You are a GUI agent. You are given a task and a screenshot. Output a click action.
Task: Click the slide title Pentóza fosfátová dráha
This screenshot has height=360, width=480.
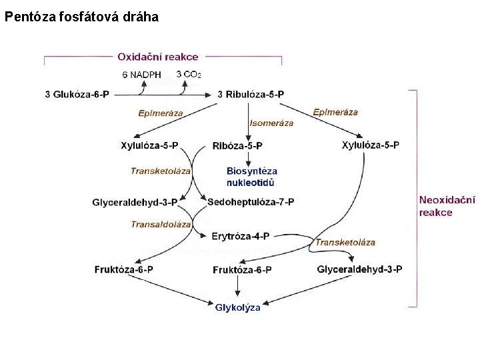(x=81, y=17)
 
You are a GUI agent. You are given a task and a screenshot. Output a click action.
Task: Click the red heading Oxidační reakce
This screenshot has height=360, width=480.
(x=158, y=57)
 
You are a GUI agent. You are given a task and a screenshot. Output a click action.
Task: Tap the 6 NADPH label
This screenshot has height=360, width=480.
(x=141, y=75)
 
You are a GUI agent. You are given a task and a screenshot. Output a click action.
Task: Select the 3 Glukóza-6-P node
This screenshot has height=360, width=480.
(x=77, y=95)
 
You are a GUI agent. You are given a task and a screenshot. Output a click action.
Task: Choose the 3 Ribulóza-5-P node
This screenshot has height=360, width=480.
(x=251, y=95)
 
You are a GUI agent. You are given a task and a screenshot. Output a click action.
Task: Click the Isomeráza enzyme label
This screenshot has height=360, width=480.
(x=271, y=123)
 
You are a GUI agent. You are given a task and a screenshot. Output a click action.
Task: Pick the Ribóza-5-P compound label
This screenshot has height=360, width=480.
(x=237, y=146)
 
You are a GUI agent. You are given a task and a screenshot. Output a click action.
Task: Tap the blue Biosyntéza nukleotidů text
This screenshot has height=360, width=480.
(x=251, y=177)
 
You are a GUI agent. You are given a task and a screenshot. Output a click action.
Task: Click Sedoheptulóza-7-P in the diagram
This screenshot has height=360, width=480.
(x=251, y=201)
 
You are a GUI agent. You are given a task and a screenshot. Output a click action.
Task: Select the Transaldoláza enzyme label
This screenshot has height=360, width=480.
(x=161, y=225)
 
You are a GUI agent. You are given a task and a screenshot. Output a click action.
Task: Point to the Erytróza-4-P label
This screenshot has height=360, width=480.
(x=240, y=236)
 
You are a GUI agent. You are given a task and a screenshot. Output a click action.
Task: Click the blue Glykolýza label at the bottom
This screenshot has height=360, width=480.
(x=238, y=307)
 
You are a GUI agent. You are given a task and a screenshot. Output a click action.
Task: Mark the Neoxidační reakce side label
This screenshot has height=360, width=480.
(x=447, y=206)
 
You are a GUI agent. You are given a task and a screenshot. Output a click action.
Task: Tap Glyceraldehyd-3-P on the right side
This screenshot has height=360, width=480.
(x=359, y=269)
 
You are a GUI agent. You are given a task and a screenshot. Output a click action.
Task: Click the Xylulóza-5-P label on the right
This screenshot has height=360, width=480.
(x=371, y=145)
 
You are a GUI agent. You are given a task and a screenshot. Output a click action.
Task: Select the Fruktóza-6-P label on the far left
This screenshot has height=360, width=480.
(x=124, y=269)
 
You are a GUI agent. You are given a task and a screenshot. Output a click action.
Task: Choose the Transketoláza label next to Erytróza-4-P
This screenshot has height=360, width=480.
(x=345, y=242)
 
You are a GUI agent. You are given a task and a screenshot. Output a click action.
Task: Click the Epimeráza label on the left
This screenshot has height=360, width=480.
(x=161, y=113)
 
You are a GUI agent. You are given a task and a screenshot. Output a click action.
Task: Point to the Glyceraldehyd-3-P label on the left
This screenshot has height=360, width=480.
(x=135, y=202)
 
